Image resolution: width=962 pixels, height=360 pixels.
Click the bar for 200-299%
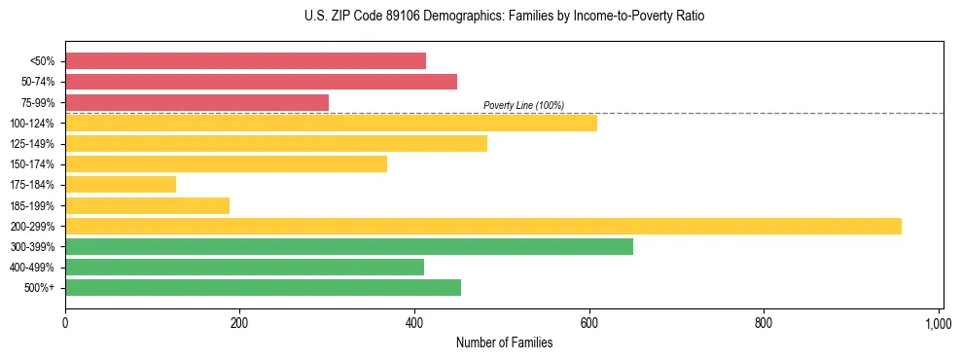coord(483,226)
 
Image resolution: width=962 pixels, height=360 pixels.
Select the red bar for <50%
coord(245,60)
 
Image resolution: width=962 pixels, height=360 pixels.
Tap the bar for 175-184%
coord(121,184)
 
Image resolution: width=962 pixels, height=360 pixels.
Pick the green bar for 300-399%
coord(349,246)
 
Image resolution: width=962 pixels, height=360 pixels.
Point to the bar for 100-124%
coord(331,123)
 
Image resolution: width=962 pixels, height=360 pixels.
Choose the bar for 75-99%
coord(196,102)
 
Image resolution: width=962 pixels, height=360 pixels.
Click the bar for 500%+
coord(263,287)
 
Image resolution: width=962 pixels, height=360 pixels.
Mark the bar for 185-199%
coord(147,205)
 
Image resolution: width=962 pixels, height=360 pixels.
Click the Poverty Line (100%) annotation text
coord(523,105)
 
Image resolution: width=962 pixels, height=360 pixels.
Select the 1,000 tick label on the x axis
coord(938,323)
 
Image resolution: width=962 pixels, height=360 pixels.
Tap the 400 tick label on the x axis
coord(414,323)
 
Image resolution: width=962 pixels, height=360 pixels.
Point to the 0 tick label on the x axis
coord(65,323)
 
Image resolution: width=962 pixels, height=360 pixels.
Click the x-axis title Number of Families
coord(504,342)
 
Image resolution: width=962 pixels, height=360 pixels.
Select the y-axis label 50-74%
coord(38,82)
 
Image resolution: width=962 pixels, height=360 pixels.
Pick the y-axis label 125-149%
coord(34,144)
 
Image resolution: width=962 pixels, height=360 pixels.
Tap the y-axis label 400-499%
coord(34,268)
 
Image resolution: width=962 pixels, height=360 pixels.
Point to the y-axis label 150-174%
coord(34,164)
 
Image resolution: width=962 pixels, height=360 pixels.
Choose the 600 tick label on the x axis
coord(589,323)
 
